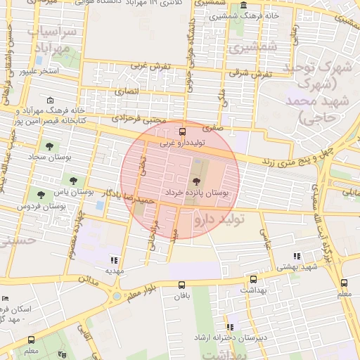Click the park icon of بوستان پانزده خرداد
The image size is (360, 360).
coord(195,182)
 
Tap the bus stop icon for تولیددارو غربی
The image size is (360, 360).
coord(183,131)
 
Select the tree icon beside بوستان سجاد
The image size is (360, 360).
coord(49,146)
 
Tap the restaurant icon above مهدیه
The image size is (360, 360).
coord(115,259)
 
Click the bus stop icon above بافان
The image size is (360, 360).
coord(182,285)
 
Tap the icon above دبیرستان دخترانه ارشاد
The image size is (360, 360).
coord(230,327)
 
